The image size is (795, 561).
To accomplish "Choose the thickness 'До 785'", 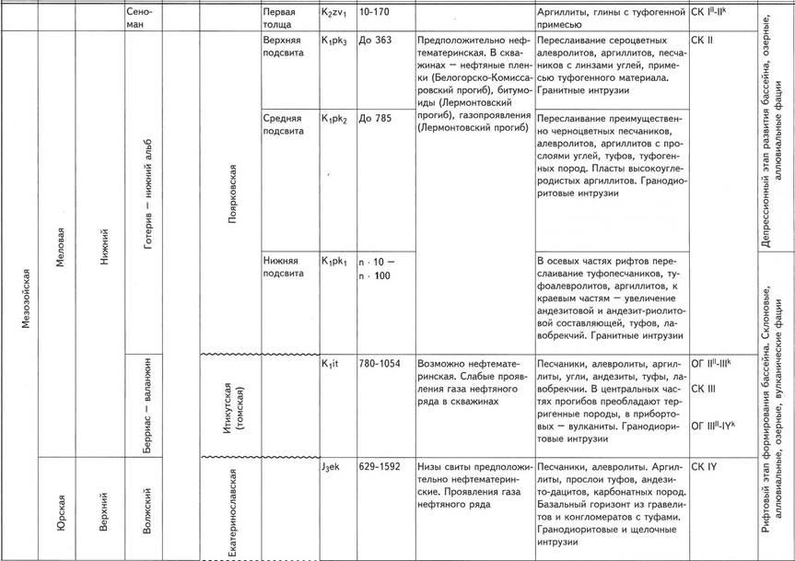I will point(377,119).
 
